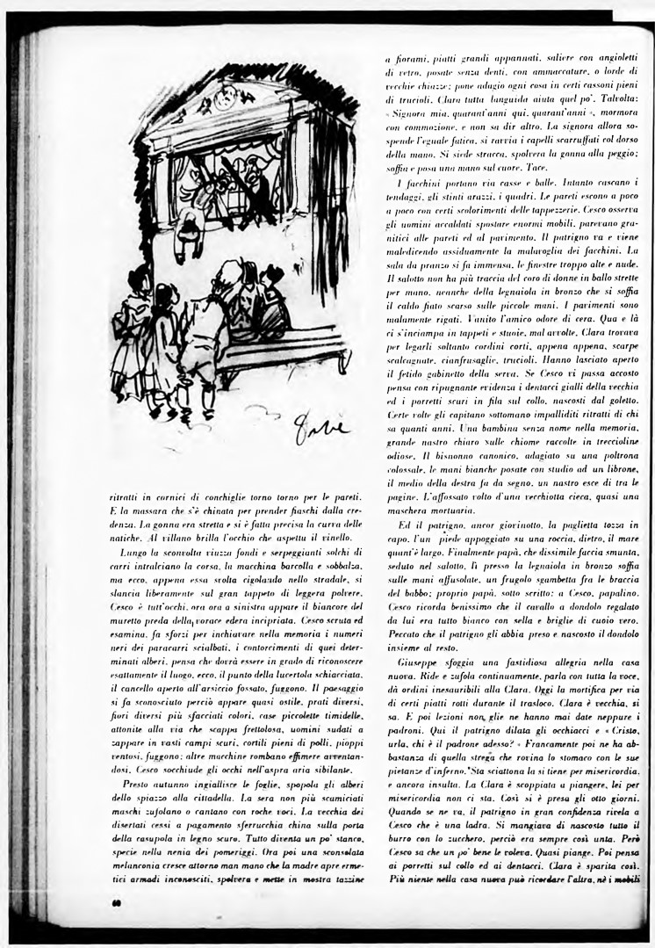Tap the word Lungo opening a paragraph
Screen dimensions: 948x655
(x=137, y=555)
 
